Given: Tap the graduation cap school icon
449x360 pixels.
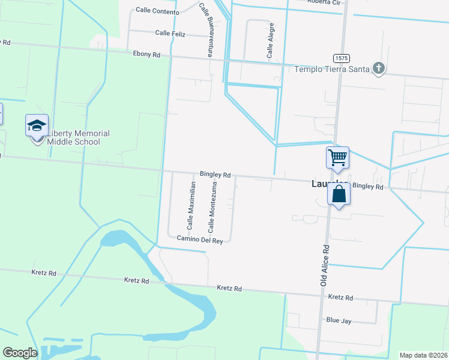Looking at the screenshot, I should [37, 126].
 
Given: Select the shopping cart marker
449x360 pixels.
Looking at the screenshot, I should [337, 158].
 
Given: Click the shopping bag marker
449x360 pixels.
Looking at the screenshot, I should [339, 194].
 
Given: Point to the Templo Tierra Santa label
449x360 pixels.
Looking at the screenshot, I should [331, 69].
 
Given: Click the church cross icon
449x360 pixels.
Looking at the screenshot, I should [378, 68].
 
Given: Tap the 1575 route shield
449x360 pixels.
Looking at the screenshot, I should [342, 57].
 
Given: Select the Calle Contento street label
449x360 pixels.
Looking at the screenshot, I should [157, 11].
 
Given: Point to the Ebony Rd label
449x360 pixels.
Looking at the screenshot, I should [146, 54].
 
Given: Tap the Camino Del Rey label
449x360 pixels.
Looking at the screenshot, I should [200, 239].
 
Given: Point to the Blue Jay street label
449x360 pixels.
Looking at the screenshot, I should [338, 320].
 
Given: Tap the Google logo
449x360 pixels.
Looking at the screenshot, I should [20, 353].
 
